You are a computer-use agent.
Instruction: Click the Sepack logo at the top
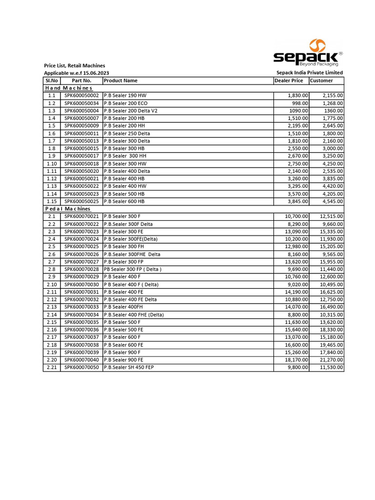[x=308, y=53]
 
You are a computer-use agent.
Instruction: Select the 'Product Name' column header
[x=121, y=81]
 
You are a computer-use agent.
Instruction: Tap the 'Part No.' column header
[x=82, y=81]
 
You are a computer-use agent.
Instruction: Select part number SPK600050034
[x=82, y=103]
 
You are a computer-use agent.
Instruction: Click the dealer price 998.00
[x=300, y=103]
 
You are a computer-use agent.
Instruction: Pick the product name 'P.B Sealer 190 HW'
[x=125, y=96]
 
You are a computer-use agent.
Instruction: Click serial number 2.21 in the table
[x=52, y=367]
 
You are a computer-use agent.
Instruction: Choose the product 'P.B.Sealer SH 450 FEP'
[x=128, y=367]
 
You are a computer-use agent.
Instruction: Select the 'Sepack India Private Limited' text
[x=310, y=73]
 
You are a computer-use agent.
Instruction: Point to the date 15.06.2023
[x=96, y=73]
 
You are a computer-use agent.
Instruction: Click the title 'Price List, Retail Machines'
[x=74, y=65]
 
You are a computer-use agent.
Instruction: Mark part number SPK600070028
[x=82, y=269]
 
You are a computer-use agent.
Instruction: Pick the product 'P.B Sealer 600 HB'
[x=124, y=201]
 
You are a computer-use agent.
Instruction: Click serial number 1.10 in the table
[x=52, y=164]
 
